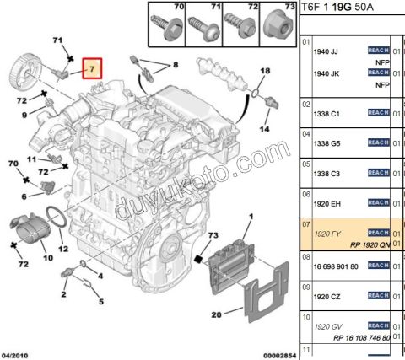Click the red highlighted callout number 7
click(x=91, y=66)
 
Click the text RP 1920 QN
click(x=364, y=244)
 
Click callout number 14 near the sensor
click(x=264, y=129)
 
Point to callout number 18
click(x=264, y=73)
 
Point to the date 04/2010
click(x=15, y=355)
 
